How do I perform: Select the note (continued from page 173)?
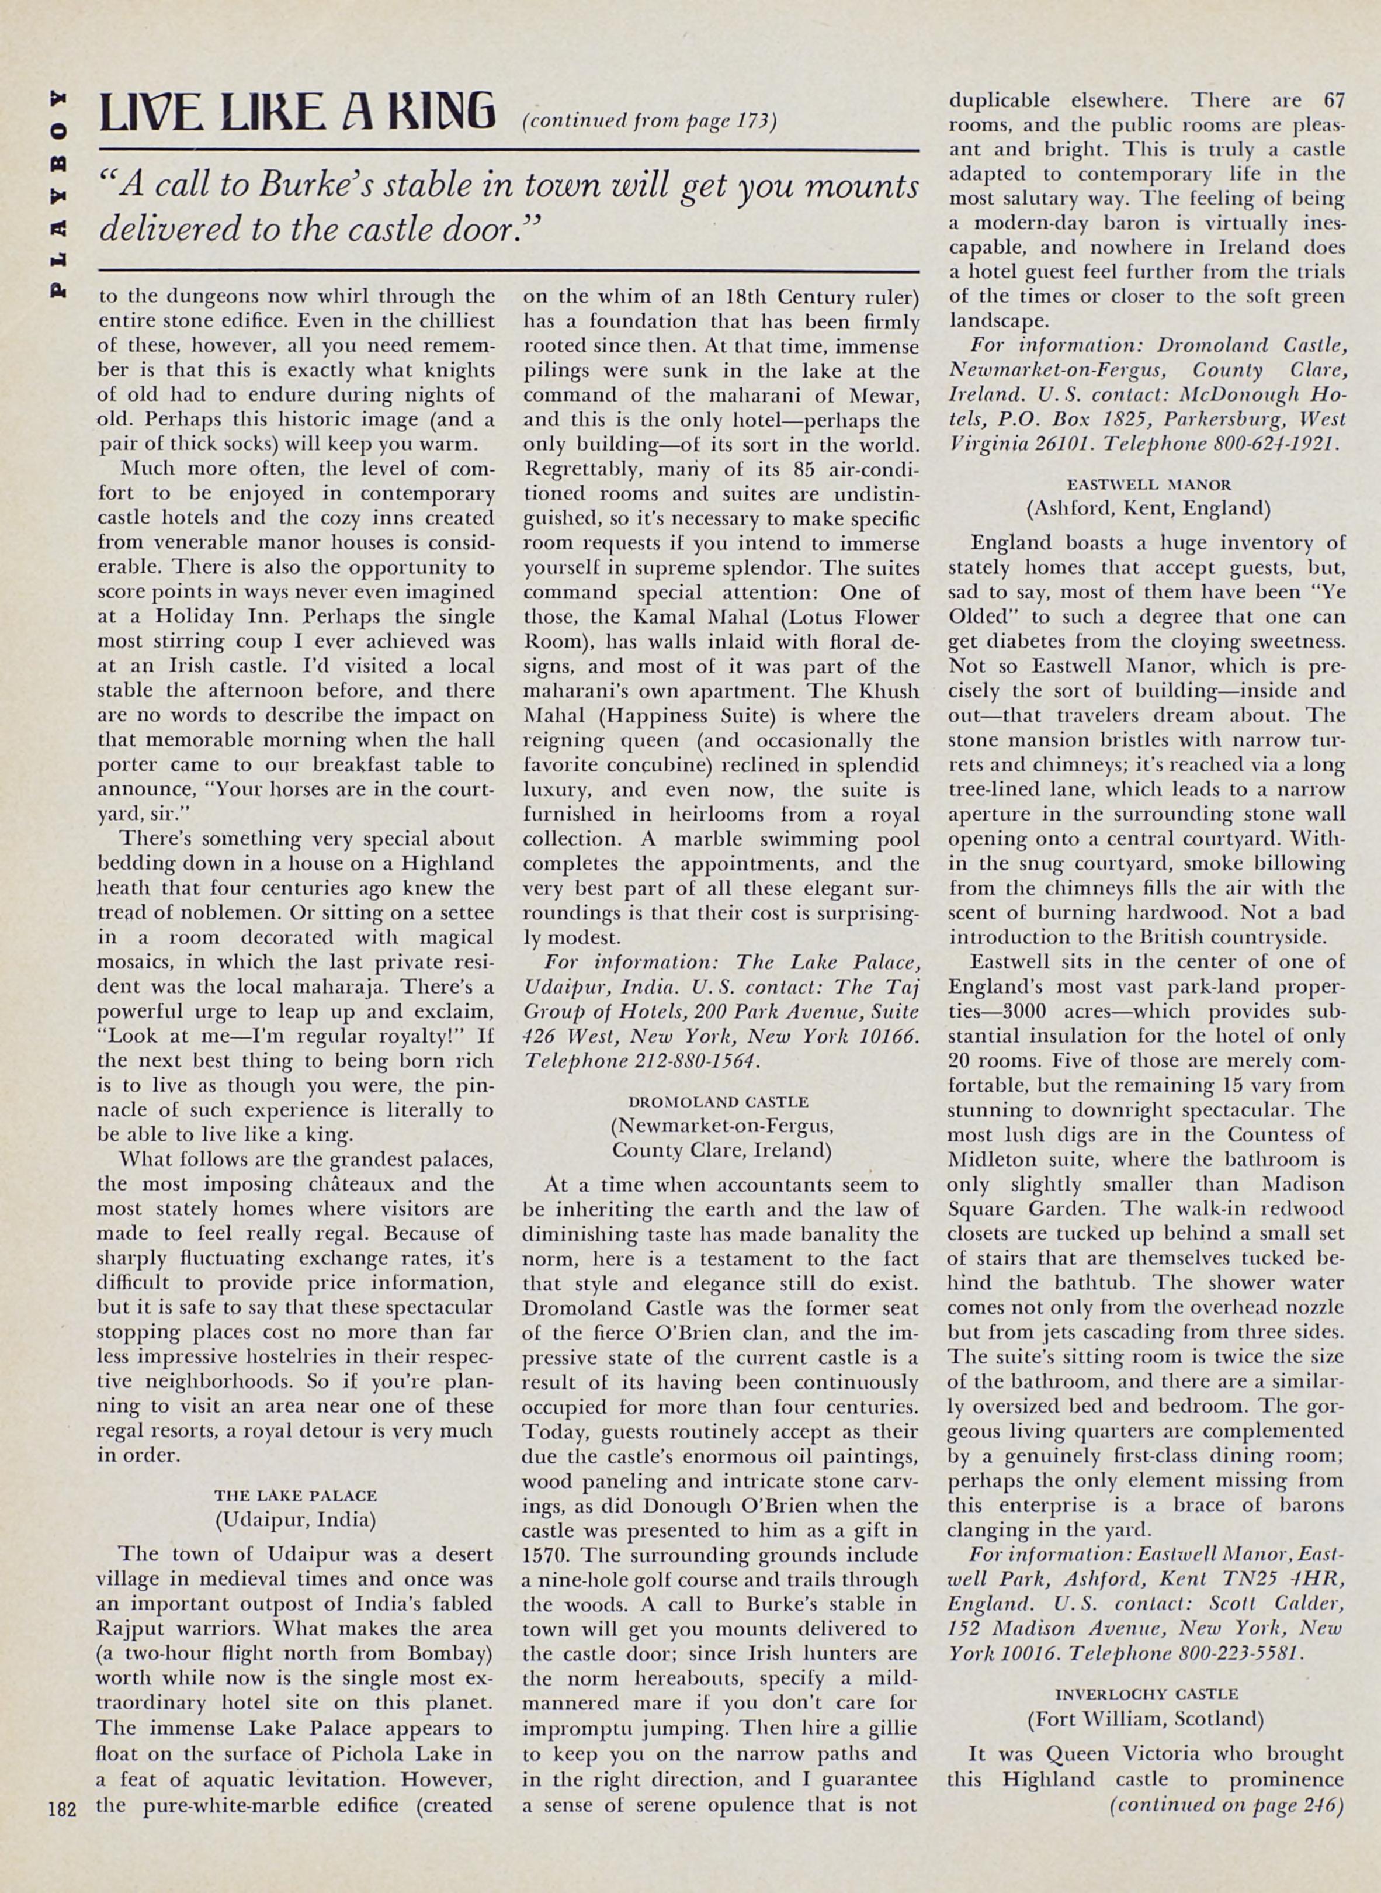650,122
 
